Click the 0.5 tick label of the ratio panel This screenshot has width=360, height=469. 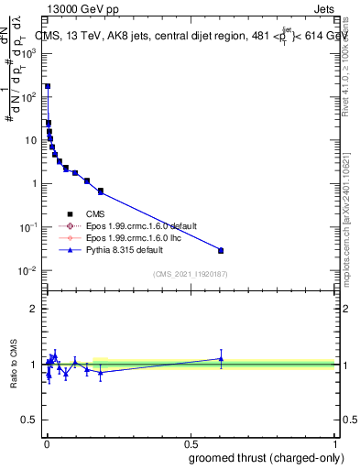(x=30, y=421)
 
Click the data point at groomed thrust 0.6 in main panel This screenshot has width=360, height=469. (x=221, y=250)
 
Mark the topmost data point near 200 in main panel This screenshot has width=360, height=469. (x=48, y=86)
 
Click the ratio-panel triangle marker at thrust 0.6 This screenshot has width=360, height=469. (x=221, y=358)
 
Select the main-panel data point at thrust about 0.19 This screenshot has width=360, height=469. (x=101, y=191)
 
